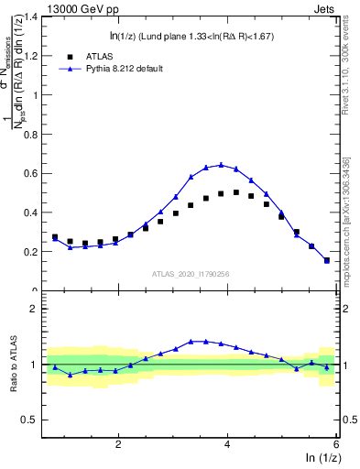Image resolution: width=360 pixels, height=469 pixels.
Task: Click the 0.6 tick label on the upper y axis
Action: point(32,173)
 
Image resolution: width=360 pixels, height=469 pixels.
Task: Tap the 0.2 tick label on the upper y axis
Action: point(32,252)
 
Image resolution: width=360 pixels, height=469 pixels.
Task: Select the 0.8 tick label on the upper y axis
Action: point(32,135)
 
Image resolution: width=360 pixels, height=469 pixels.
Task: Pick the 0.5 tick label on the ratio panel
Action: point(32,420)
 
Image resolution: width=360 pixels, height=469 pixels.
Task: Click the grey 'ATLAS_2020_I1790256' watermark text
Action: point(191,273)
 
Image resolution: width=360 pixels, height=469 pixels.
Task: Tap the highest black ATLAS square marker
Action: point(235,192)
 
